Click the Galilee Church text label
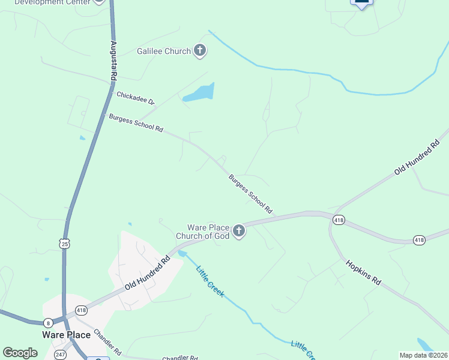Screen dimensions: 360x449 [164, 52]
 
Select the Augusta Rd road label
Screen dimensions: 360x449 [113, 61]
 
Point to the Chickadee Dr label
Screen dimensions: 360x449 [136, 98]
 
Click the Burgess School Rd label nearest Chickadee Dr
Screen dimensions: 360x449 [136, 124]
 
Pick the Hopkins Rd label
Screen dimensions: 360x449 [364, 272]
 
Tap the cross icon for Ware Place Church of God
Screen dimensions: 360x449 [239, 231]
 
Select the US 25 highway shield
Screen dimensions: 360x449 [64, 242]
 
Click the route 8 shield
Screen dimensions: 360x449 [48, 323]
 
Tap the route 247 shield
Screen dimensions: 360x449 [61, 355]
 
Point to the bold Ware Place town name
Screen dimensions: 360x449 [66, 335]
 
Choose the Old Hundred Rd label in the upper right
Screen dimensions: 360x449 [417, 157]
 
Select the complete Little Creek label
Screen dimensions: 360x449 [210, 281]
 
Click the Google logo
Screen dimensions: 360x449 [20, 353]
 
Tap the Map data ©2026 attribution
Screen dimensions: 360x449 [423, 355]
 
